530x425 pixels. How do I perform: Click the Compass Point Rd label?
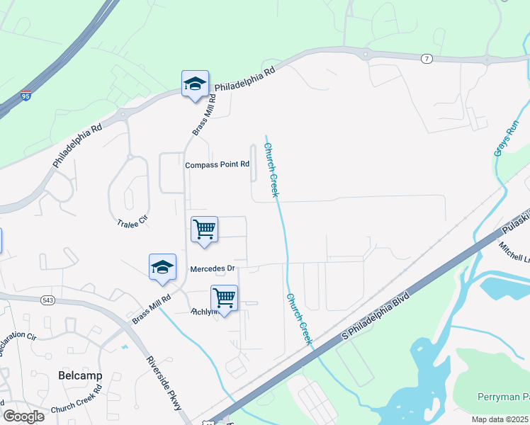pos(217,164)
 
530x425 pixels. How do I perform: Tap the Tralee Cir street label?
pos(132,222)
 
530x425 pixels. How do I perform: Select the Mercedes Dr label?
pos(212,269)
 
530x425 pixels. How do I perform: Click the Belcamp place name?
pos(80,375)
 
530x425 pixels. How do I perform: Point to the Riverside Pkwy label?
pos(164,383)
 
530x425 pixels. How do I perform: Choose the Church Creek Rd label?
pos(77,408)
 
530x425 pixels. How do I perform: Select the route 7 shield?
pos(426,59)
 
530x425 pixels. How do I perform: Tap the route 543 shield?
pos(48,300)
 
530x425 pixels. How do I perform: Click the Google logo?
pos(23,416)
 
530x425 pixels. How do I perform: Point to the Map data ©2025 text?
pos(500,419)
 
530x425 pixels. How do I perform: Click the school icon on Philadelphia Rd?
pos(195,84)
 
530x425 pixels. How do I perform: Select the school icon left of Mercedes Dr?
pos(162,267)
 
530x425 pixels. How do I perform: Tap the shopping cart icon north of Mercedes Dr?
pos(204,229)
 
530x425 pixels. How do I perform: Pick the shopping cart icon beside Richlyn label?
pos(224,298)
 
